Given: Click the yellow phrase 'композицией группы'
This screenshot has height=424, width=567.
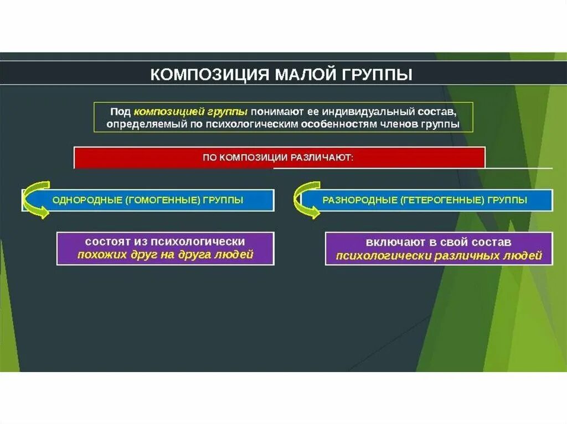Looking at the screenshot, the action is [191, 111].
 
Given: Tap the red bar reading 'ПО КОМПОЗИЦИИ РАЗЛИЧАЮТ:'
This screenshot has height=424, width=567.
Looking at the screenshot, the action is [280, 157].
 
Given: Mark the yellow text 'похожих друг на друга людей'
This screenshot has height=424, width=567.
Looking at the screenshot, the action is [165, 255].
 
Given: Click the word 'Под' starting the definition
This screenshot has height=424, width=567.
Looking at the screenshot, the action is [119, 111].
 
